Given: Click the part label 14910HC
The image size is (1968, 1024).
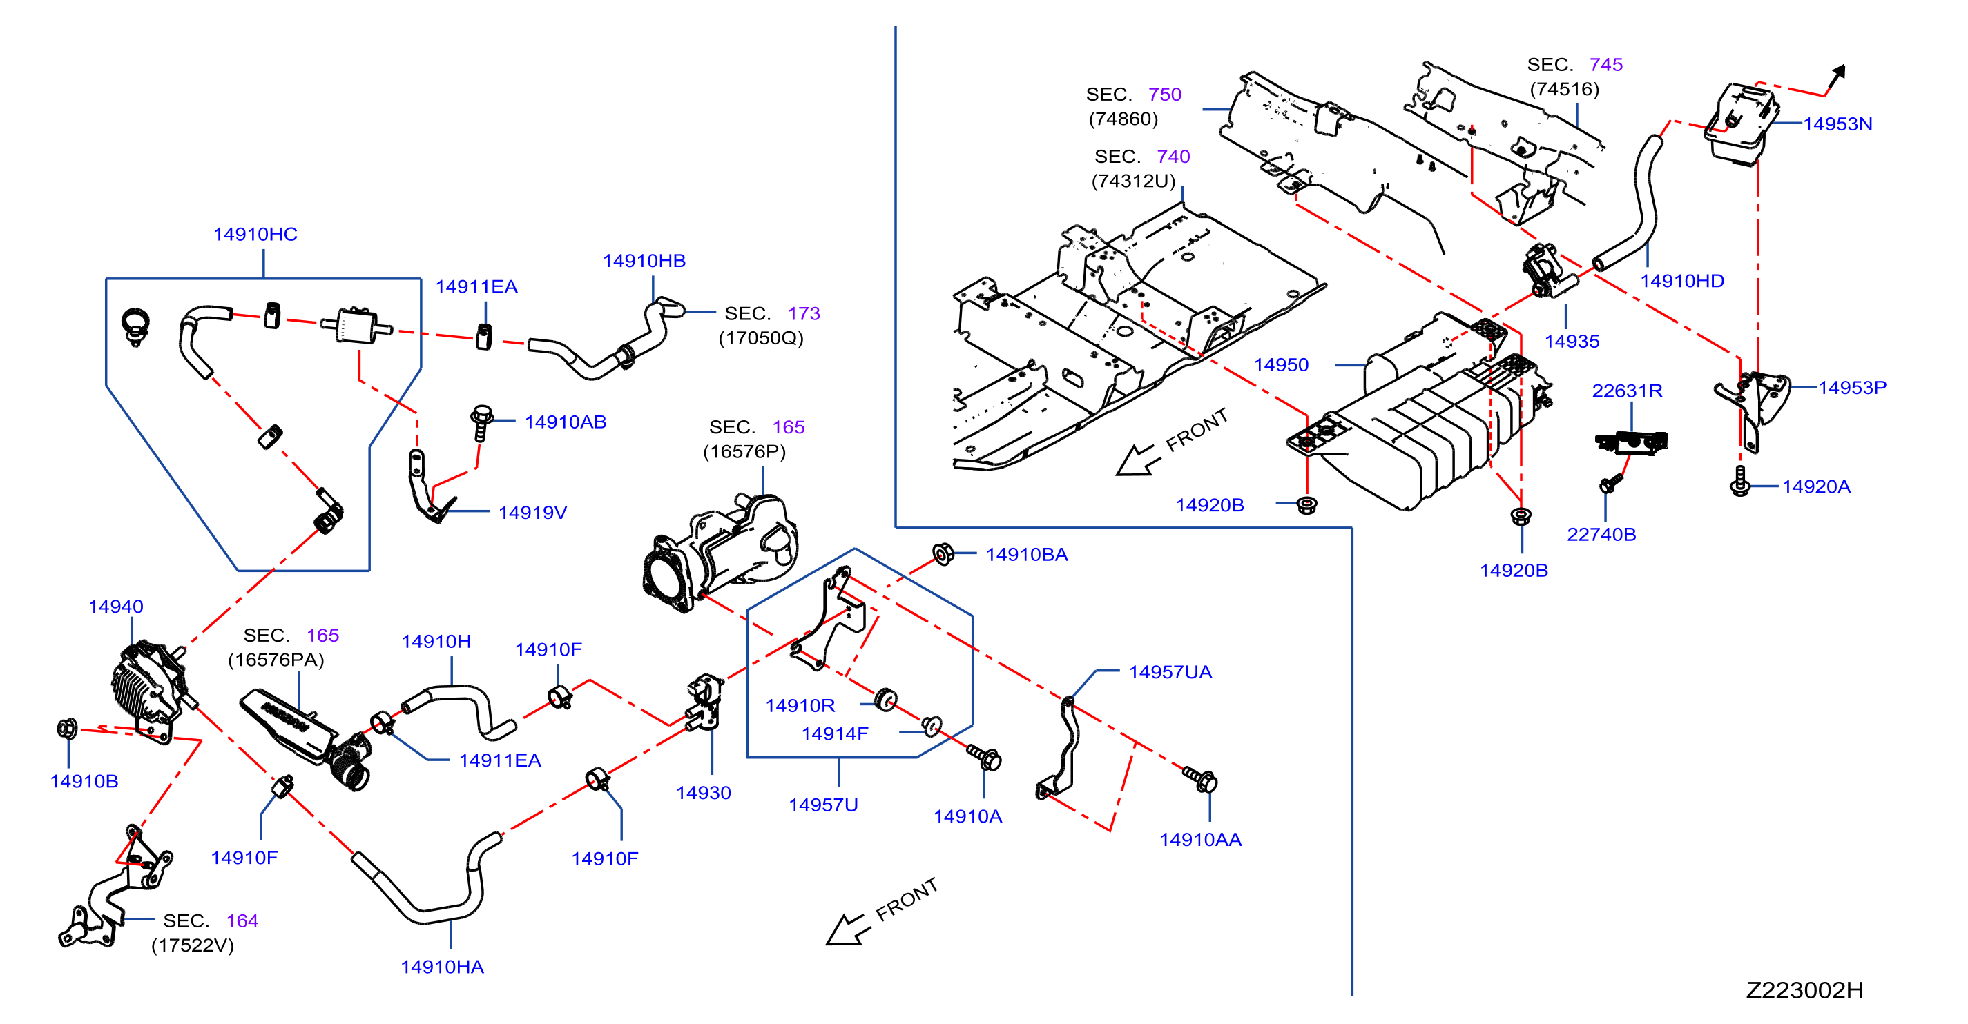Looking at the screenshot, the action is tap(255, 235).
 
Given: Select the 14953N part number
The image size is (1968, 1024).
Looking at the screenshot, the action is tap(1837, 124).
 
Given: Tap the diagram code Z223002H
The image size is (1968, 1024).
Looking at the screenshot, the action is tap(1804, 990).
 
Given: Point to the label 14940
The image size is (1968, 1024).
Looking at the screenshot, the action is tap(116, 607).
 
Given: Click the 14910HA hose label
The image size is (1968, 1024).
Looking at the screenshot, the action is tap(443, 967).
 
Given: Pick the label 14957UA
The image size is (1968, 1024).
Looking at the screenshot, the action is tap(1170, 673).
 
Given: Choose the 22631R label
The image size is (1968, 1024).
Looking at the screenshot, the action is tap(1628, 391).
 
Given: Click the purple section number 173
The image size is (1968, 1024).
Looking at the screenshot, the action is tap(804, 314).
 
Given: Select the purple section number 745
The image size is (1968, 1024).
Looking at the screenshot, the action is tap(1606, 65).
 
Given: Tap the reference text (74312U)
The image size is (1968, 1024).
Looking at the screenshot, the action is tap(1134, 181).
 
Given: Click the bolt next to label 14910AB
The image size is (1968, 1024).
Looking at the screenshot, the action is tap(481, 422).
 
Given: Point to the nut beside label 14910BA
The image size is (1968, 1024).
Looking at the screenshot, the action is tap(943, 554).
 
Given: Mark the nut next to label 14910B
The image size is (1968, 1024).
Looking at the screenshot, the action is tap(67, 729).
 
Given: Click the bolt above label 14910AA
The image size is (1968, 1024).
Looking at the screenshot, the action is tap(1200, 779).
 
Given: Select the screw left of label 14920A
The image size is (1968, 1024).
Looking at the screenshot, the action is tap(1740, 482).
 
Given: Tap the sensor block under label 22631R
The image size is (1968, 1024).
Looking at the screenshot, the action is tap(1631, 442).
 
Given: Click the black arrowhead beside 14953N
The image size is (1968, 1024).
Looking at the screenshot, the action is tap(1839, 72).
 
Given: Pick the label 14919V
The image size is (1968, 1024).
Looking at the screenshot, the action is tap(532, 513).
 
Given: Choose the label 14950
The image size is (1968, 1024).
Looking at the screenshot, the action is tap(1281, 366).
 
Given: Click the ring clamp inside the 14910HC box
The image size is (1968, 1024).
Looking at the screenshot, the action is tap(136, 324).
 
